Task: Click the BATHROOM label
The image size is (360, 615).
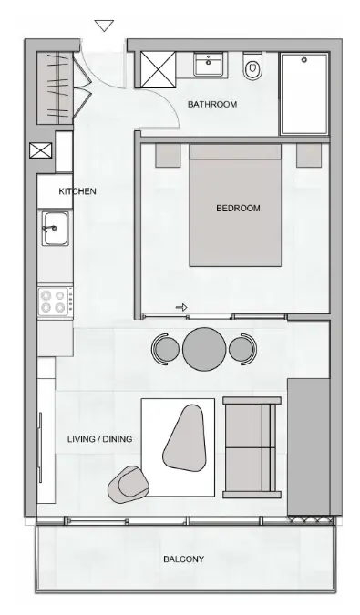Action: (x=212, y=105)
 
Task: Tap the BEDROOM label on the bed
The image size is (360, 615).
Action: (x=238, y=208)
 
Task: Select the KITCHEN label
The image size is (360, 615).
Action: (x=77, y=191)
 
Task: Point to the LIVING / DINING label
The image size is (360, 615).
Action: (x=99, y=439)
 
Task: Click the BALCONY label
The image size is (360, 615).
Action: (x=183, y=559)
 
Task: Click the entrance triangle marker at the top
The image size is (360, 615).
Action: (x=105, y=26)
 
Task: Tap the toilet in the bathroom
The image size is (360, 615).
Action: (x=253, y=68)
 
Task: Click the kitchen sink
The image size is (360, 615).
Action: (x=54, y=228)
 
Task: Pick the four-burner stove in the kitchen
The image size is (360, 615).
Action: (x=55, y=302)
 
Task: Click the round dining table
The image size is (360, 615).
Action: (x=205, y=349)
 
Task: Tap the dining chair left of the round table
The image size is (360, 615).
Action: (x=166, y=349)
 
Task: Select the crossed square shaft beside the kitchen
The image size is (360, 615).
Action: (x=42, y=152)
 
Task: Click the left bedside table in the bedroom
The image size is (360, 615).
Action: (x=169, y=154)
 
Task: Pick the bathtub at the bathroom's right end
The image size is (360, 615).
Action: (x=304, y=93)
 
